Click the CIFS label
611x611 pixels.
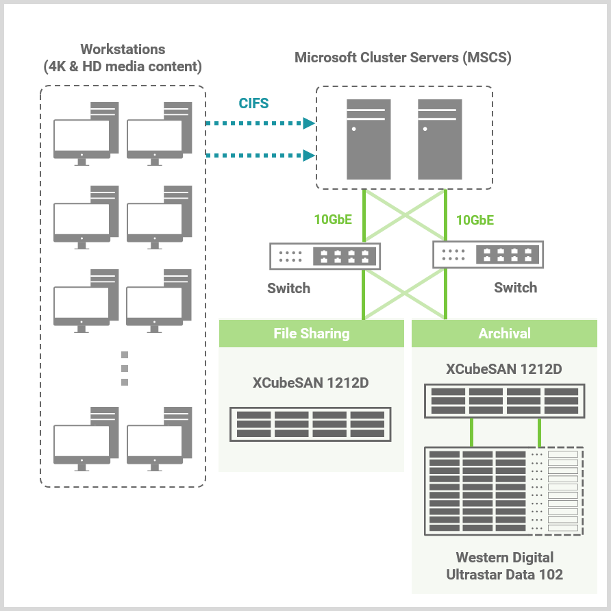253,104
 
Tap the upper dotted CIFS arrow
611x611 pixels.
260,124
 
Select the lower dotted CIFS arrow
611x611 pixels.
260,155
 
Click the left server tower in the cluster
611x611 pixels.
369,139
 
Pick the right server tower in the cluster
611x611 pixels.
439,139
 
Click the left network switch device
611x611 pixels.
325,256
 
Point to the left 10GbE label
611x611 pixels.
333,220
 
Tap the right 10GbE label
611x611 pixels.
475,220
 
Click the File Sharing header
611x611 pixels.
311,334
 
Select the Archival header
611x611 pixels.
504,334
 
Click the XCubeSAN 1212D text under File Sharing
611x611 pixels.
310,383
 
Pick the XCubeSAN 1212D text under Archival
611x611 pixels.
504,369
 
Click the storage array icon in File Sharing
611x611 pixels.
310,424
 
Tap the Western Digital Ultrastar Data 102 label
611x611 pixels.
504,566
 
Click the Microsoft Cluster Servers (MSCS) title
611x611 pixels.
403,58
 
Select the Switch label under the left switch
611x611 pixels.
288,288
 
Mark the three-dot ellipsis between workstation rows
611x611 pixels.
125,369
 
